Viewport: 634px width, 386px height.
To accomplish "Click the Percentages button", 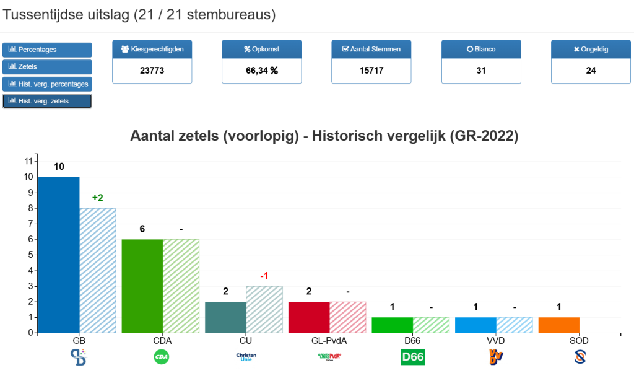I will (x=47, y=50).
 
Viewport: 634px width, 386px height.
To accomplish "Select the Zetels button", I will (x=47, y=66).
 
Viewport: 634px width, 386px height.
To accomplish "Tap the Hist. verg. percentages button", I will (x=47, y=84).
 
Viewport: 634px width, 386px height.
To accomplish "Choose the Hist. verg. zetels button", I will (x=47, y=101).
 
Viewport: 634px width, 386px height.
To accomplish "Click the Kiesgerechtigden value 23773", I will (x=152, y=71).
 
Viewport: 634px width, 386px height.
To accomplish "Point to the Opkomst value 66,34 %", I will (x=262, y=71).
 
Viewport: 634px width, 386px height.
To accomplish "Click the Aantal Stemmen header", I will (x=371, y=49).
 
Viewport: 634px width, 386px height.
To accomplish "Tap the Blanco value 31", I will (x=481, y=71).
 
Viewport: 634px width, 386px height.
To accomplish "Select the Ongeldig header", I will (x=591, y=49).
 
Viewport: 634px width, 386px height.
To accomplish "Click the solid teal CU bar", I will (x=225, y=317).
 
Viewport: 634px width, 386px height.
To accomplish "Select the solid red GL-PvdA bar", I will (x=309, y=317).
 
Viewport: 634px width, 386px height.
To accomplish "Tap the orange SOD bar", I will (x=559, y=325).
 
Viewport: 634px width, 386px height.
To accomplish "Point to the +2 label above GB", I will (x=98, y=198).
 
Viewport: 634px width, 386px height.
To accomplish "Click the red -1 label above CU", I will (x=264, y=276).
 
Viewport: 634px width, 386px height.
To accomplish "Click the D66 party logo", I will (x=413, y=357).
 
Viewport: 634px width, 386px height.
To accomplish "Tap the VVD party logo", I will (x=496, y=357).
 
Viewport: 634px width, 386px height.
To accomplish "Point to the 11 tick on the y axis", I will (x=28, y=161).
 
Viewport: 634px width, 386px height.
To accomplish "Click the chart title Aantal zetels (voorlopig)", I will (x=324, y=136).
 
